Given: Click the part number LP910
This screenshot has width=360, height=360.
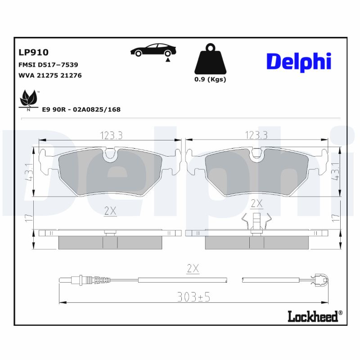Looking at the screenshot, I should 33,53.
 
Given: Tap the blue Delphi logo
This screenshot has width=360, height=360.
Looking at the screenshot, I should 298,62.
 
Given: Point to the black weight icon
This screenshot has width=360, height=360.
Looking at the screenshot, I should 210,59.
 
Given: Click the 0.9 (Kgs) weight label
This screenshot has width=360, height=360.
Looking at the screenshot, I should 210,80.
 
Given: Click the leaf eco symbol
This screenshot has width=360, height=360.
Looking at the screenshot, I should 29,99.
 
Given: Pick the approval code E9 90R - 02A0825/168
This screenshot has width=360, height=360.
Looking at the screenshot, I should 81,109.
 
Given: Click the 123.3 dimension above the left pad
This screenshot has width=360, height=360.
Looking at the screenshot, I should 110,135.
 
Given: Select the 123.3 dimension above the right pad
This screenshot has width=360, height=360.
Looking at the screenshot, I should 256,135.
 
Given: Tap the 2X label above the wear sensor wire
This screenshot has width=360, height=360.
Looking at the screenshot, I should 193,269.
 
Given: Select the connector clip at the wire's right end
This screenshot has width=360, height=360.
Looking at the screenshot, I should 321,280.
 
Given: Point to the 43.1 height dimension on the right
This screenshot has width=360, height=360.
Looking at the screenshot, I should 335,172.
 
